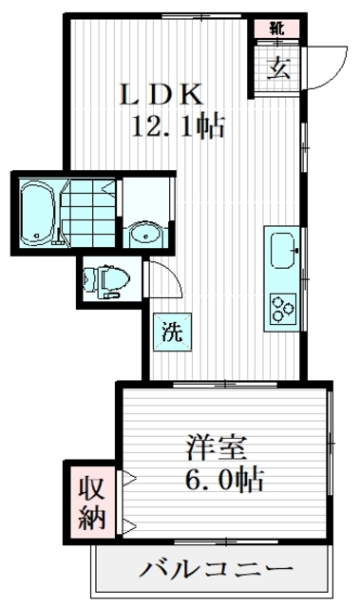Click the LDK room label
click(x=160, y=94)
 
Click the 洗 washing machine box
click(x=171, y=332)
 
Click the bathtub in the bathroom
click(x=37, y=212)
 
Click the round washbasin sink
click(x=145, y=233)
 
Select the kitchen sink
click(x=283, y=253)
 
